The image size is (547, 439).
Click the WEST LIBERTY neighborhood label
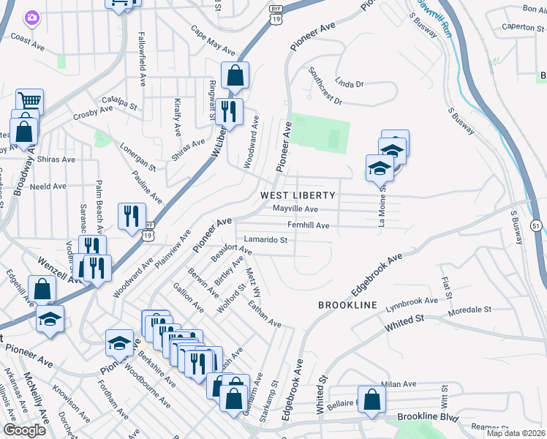pos(298,195)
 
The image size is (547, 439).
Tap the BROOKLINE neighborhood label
pos(347,304)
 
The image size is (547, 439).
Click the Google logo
pos(24,430)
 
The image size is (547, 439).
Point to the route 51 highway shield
pos(537,228)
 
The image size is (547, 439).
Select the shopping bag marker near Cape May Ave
pos(235,74)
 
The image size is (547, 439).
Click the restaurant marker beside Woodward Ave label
pos(230,111)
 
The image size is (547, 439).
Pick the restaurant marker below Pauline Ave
pos(132,216)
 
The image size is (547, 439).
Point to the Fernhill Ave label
pos(308,225)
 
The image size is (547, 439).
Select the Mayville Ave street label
pos(295,209)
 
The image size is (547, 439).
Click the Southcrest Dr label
pos(325,86)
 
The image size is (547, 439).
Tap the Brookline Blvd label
pos(428,418)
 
